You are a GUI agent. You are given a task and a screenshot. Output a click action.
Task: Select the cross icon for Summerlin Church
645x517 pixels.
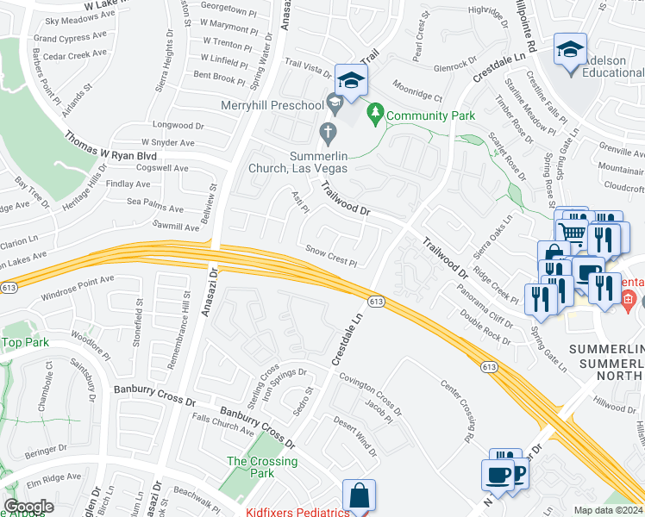pyautogui.click(x=327, y=134)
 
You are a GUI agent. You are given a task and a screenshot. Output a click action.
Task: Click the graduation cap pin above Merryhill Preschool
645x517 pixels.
pyautogui.click(x=351, y=81)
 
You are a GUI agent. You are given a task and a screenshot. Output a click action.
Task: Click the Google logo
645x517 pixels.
pyautogui.click(x=28, y=507)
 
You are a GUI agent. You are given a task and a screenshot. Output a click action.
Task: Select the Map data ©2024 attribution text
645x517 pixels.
pyautogui.click(x=608, y=510)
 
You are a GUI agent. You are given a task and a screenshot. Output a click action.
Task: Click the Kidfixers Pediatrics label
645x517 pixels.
pyautogui.click(x=297, y=512)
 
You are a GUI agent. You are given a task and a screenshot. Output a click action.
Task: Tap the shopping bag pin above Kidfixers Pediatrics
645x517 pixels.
pyautogui.click(x=359, y=495)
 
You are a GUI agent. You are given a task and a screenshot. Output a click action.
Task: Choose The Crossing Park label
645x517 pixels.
pyautogui.click(x=262, y=467)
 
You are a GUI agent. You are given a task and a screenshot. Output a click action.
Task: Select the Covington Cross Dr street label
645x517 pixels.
pyautogui.click(x=370, y=392)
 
